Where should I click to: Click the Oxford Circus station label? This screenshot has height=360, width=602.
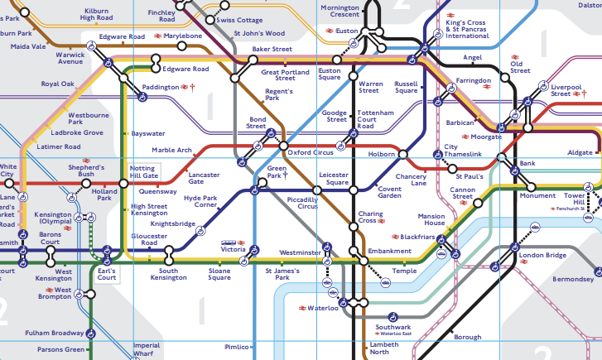point(311,151)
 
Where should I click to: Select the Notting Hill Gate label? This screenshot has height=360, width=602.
point(143,172)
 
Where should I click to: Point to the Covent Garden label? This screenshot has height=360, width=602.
point(389,191)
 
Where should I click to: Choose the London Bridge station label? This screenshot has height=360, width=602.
point(542,256)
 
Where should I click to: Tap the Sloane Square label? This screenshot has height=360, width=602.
point(219,275)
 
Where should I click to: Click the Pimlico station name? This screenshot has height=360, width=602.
point(237,348)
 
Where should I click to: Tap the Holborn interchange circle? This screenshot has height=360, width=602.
point(404,153)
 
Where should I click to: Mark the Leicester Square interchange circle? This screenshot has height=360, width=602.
point(354,190)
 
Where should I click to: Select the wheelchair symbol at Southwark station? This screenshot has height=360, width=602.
point(393,315)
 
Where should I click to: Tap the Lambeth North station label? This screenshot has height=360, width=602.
point(383,348)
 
